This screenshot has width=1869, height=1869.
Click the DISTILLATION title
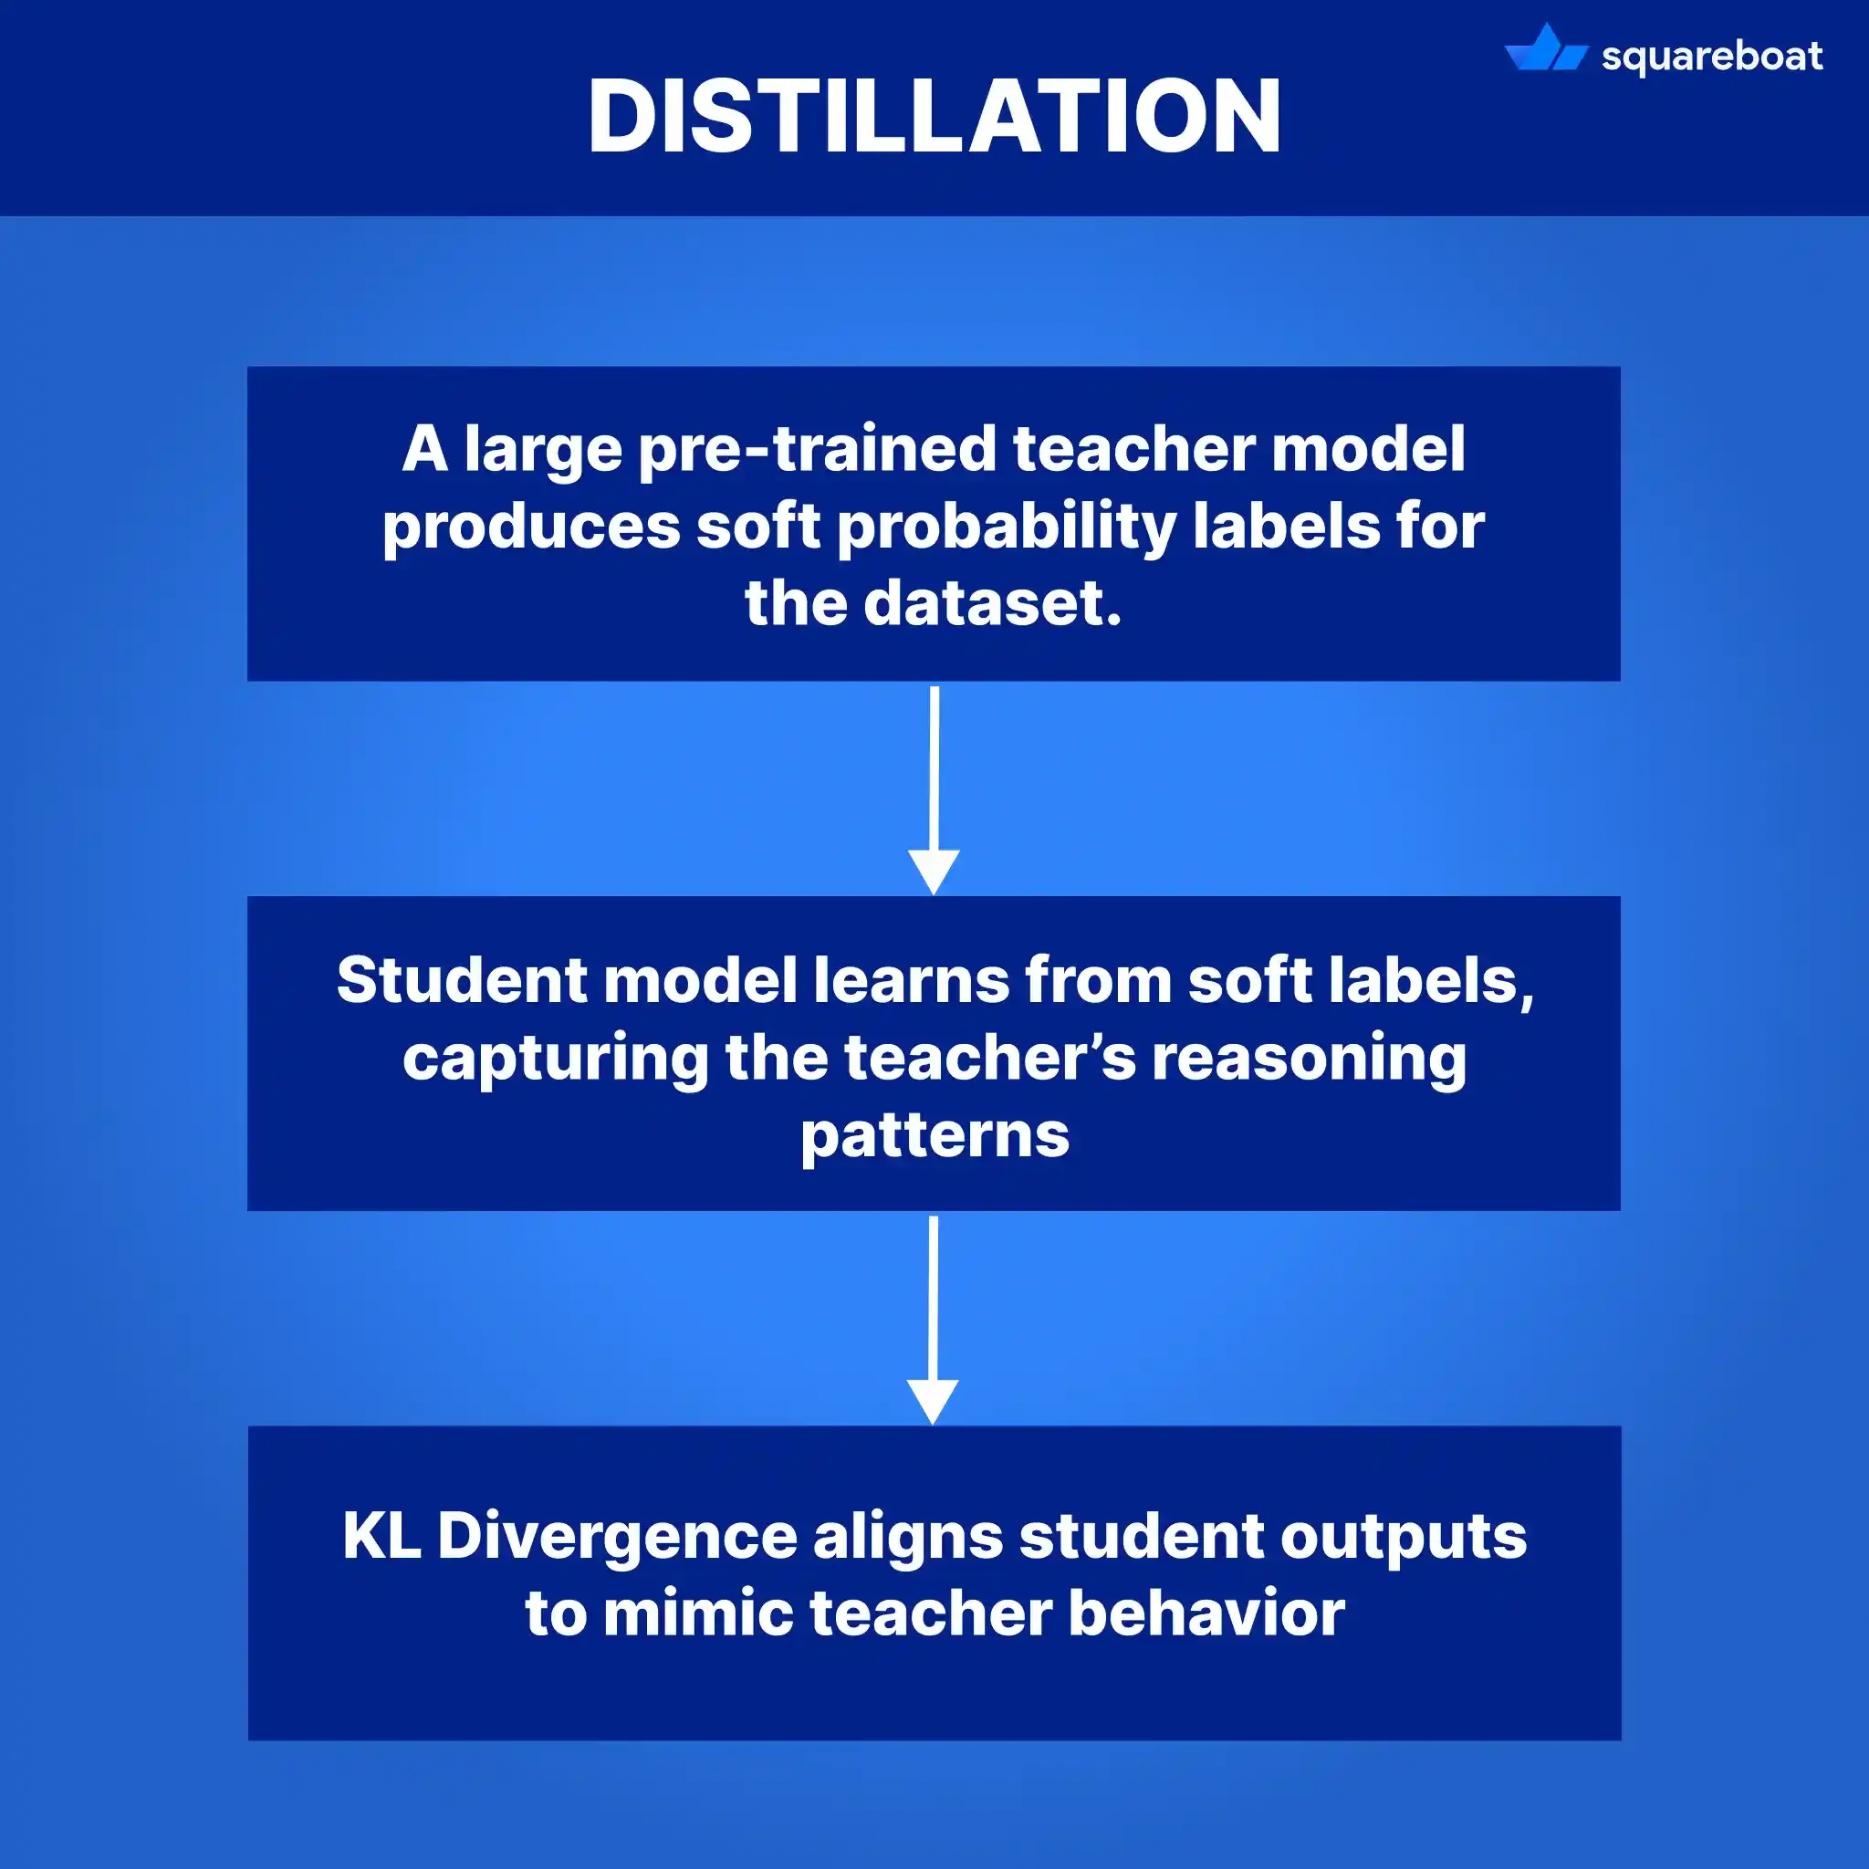point(934,116)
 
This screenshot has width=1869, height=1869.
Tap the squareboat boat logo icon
point(1545,50)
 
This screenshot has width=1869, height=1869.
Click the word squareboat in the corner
point(1711,57)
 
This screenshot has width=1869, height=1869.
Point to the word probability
point(1006,528)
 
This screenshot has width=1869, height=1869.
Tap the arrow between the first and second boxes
point(934,788)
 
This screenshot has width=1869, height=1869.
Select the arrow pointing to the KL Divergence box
point(934,1319)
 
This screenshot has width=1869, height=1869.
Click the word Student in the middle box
point(462,980)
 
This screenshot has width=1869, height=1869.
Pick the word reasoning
point(1309,1058)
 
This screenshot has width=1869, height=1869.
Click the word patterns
point(934,1135)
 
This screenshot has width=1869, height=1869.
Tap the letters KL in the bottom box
point(381,1535)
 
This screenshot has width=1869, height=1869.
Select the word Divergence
point(616,1537)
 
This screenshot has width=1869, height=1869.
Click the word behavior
point(1206,1613)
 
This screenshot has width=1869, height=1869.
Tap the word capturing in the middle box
point(555,1060)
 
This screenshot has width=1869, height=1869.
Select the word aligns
point(907,1537)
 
